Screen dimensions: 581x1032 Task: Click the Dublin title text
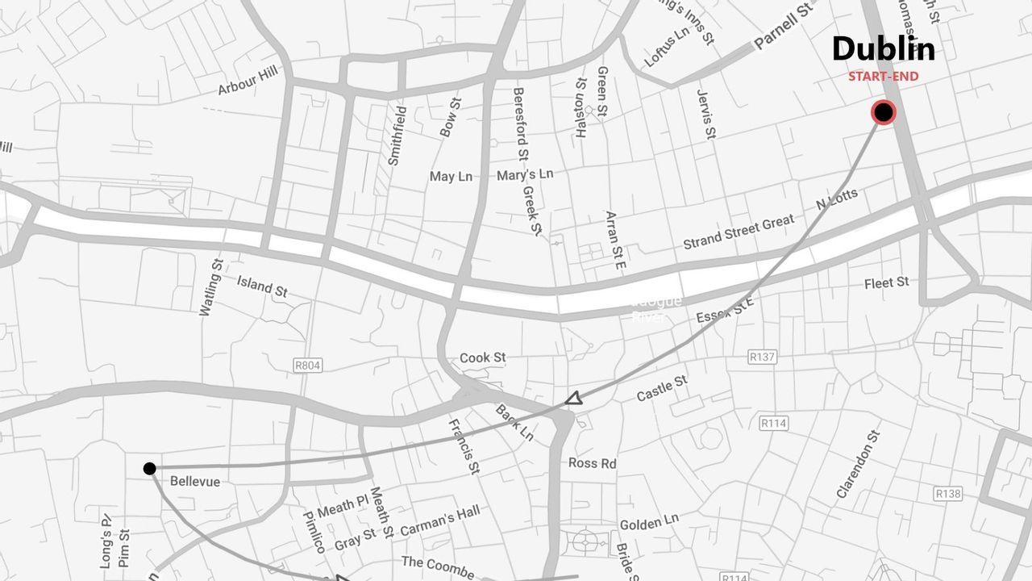pyautogui.click(x=883, y=49)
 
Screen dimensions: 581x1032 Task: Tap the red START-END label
pyautogui.click(x=883, y=77)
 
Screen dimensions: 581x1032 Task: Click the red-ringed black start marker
pyautogui.click(x=884, y=113)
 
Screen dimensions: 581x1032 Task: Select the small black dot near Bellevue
pyautogui.click(x=149, y=469)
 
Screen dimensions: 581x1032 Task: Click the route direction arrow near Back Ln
pyautogui.click(x=573, y=398)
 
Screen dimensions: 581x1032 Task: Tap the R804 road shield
pyautogui.click(x=307, y=366)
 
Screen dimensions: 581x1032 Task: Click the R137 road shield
pyautogui.click(x=761, y=357)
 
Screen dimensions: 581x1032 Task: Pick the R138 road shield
pyautogui.click(x=948, y=493)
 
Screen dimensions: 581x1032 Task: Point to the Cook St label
pyautogui.click(x=482, y=357)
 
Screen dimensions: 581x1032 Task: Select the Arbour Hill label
pyautogui.click(x=248, y=81)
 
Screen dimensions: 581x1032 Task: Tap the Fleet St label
pyautogui.click(x=886, y=282)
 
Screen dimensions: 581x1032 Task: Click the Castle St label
pyautogui.click(x=661, y=388)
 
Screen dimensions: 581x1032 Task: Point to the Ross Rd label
pyautogui.click(x=592, y=463)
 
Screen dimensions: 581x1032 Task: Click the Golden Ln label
pyautogui.click(x=649, y=523)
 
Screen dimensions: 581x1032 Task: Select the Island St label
pyautogui.click(x=262, y=286)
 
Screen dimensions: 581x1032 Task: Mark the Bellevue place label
pyautogui.click(x=195, y=482)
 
